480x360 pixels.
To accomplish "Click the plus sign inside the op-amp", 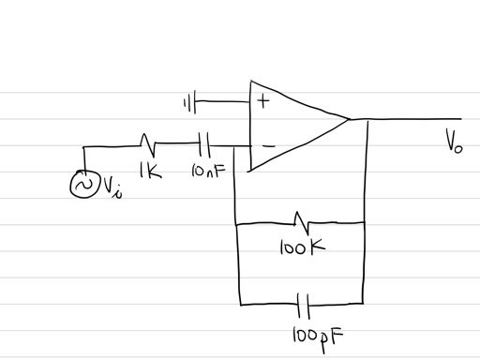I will coord(263,101).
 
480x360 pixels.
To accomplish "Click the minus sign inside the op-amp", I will coord(266,144).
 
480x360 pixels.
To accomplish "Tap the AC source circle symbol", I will coord(82,187).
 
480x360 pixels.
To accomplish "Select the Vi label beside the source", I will coord(111,189).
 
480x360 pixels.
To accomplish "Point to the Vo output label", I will coord(454,144).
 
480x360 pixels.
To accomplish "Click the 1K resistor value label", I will coord(147,172).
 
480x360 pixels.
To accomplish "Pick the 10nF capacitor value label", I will coord(206,172).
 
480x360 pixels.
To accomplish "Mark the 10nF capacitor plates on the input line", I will coord(205,145).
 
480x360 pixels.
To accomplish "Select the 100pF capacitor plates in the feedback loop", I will coord(303,305).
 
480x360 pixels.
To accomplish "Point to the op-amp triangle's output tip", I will coord(349,119).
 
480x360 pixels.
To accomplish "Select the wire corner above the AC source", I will coord(83,147).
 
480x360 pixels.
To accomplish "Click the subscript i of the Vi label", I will coord(117,193).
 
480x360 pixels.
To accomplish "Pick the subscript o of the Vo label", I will coord(459,148).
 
